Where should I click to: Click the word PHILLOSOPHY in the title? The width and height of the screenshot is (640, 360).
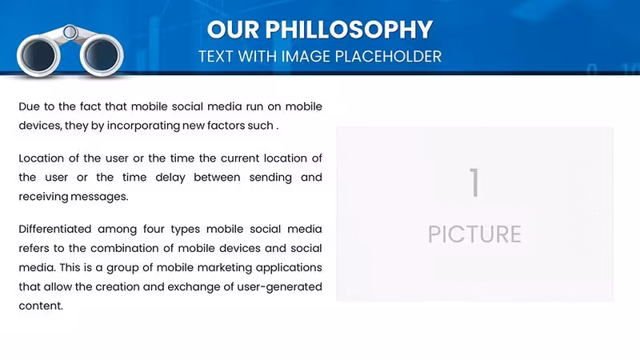point(349,30)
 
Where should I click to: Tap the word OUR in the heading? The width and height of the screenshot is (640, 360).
point(233,30)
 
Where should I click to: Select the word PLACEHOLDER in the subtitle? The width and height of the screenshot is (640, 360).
point(388,56)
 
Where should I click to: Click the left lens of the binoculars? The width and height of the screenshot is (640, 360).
point(38,55)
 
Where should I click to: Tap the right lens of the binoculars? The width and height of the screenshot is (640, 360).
point(102,55)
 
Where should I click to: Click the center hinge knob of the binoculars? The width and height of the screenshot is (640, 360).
point(70,32)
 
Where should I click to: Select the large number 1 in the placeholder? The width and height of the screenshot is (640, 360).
point(474,182)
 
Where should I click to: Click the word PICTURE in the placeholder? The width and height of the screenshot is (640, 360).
point(474,234)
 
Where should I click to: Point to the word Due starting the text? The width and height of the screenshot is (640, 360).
point(29,106)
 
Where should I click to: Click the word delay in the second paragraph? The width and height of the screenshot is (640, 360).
point(170,178)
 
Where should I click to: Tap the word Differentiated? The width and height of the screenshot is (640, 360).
point(55,229)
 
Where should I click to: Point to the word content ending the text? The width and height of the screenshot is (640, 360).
point(41,306)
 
